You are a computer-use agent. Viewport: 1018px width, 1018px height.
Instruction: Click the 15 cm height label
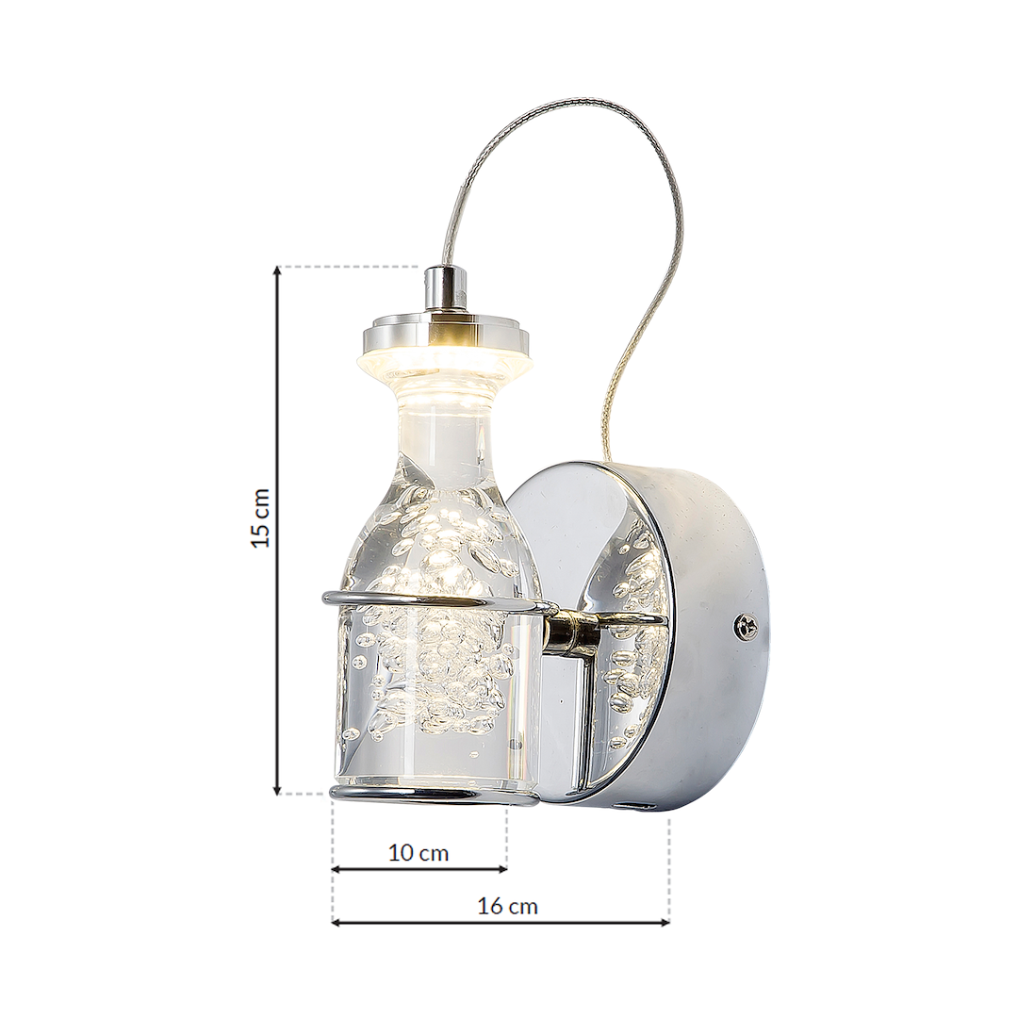261,517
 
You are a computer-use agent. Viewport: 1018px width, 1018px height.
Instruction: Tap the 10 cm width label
419,852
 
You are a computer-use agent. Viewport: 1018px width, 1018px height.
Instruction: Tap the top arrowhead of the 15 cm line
278,271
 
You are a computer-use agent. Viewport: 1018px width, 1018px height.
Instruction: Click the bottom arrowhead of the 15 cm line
278,788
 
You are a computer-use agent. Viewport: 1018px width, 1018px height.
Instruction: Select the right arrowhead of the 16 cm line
665,921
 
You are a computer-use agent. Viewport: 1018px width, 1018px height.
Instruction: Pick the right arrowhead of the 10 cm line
501,868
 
